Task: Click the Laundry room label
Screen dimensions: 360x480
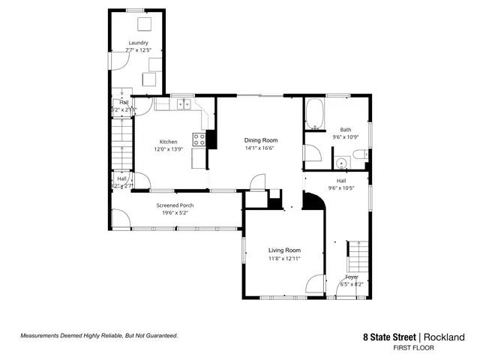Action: (138, 43)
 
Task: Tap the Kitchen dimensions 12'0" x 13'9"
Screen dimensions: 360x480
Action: (168, 148)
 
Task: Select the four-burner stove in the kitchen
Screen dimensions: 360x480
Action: (199, 139)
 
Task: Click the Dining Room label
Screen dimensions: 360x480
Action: (261, 140)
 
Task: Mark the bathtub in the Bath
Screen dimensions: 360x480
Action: (314, 115)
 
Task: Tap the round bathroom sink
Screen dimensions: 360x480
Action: (341, 161)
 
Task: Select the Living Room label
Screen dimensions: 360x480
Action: (284, 250)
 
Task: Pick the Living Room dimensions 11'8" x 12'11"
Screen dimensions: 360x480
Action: (284, 259)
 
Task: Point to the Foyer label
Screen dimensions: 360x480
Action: (352, 277)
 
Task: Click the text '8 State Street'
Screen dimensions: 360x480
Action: (388, 337)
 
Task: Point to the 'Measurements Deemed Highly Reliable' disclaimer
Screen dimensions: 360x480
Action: (98, 336)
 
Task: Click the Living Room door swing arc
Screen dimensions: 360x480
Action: (315, 283)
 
